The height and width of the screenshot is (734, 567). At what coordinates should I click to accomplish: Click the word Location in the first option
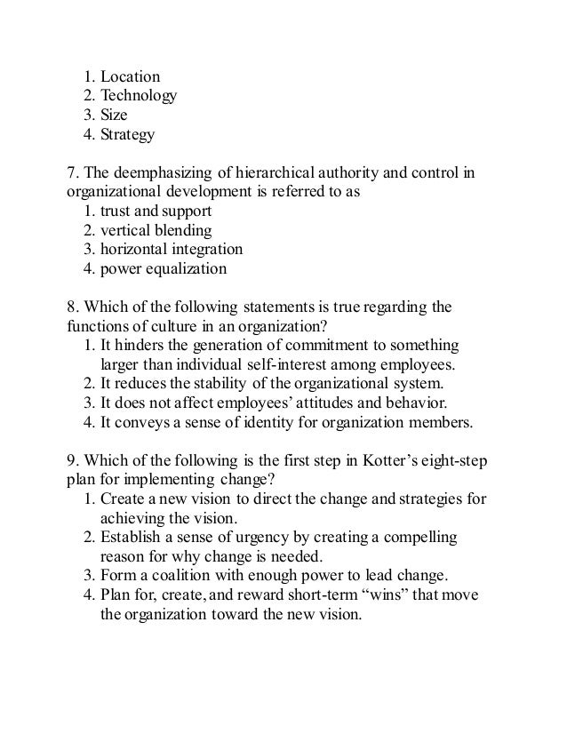tap(130, 76)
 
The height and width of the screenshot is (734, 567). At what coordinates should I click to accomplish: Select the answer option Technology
tap(140, 96)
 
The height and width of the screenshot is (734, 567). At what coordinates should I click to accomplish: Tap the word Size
tap(115, 116)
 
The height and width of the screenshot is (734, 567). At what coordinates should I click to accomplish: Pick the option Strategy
tap(127, 135)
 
